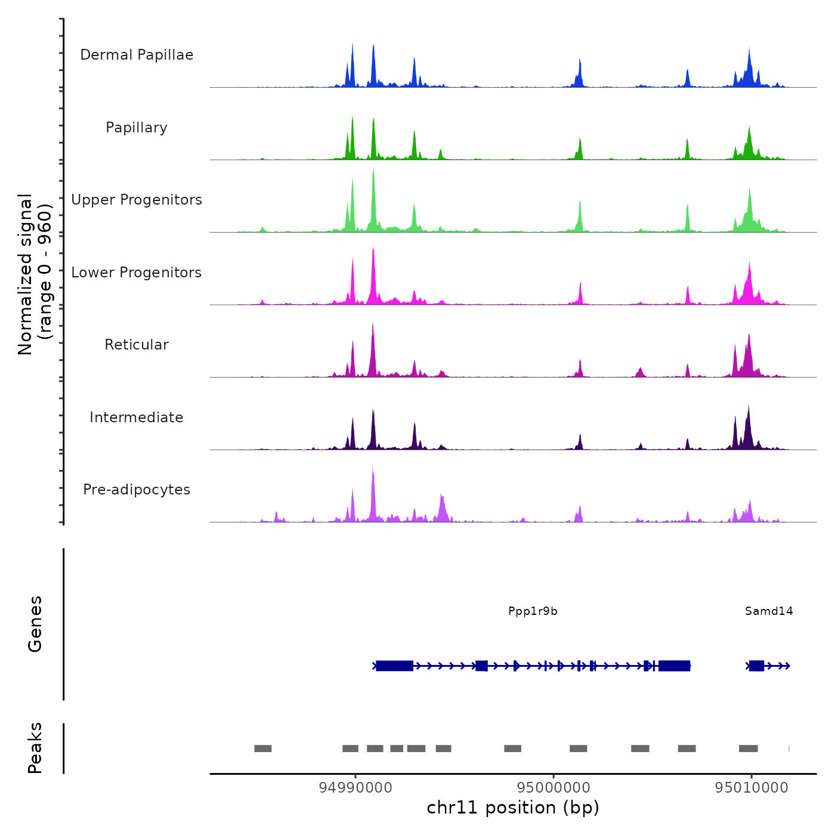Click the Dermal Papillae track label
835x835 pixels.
pyautogui.click(x=137, y=55)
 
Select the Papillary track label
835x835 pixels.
pyautogui.click(x=137, y=128)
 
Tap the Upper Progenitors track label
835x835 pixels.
pyautogui.click(x=137, y=200)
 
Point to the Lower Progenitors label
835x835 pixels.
pyautogui.click(x=137, y=273)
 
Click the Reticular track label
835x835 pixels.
pyautogui.click(x=137, y=345)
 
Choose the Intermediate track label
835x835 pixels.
pyautogui.click(x=137, y=417)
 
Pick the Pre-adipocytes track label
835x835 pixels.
pyautogui.click(x=137, y=490)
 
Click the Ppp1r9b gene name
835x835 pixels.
pyautogui.click(x=533, y=611)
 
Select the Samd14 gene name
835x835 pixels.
pyautogui.click(x=769, y=611)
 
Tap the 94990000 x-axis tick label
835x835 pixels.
pyautogui.click(x=355, y=787)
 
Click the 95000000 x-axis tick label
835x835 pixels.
pyautogui.click(x=553, y=787)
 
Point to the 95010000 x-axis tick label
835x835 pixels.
pyautogui.click(x=751, y=787)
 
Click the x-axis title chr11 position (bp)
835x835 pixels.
pyautogui.click(x=513, y=808)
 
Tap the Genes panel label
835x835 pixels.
pyautogui.click(x=35, y=624)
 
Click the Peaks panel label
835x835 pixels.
pyautogui.click(x=35, y=748)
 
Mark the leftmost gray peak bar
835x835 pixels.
pyautogui.click(x=263, y=749)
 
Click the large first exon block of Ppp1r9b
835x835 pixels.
pyautogui.click(x=394, y=666)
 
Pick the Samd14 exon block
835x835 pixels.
pyautogui.click(x=756, y=666)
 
